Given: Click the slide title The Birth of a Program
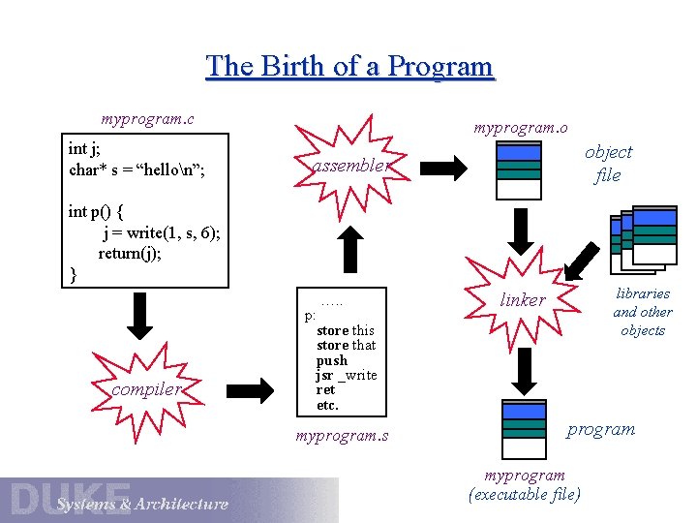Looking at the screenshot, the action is tap(349, 66).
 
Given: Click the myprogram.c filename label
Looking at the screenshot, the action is tap(147, 119).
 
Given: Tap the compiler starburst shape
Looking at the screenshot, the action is tap(145, 388).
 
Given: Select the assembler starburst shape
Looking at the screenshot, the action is tap(350, 165).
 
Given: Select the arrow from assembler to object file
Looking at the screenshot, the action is tap(448, 164).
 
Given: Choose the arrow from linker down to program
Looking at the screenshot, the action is tap(524, 368).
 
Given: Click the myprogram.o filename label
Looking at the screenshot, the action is tap(521, 127).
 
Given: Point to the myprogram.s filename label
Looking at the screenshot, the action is tap(342, 436).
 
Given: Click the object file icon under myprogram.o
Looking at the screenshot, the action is tap(519, 170).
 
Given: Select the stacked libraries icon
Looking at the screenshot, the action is tap(644, 239).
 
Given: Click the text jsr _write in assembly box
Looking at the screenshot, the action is tap(346, 375).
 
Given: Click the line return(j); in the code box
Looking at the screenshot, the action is tap(135, 254).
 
